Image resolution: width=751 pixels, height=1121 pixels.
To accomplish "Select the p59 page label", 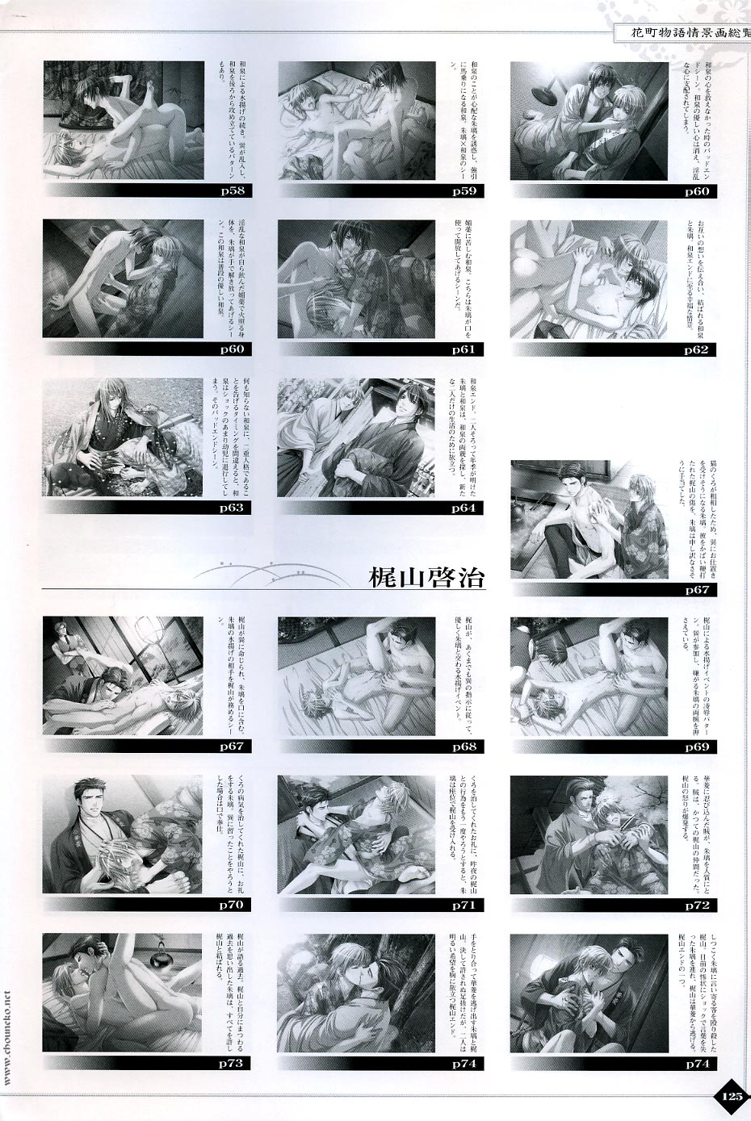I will click(462, 192).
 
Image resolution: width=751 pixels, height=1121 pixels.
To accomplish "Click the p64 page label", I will click(462, 508).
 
